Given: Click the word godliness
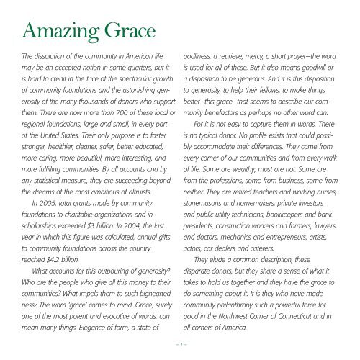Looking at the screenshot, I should coord(204,55).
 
